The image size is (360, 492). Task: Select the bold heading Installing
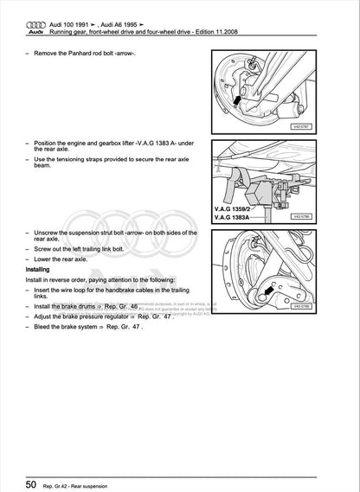pos(41,269)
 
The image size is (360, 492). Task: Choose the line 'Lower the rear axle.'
pos(63,258)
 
